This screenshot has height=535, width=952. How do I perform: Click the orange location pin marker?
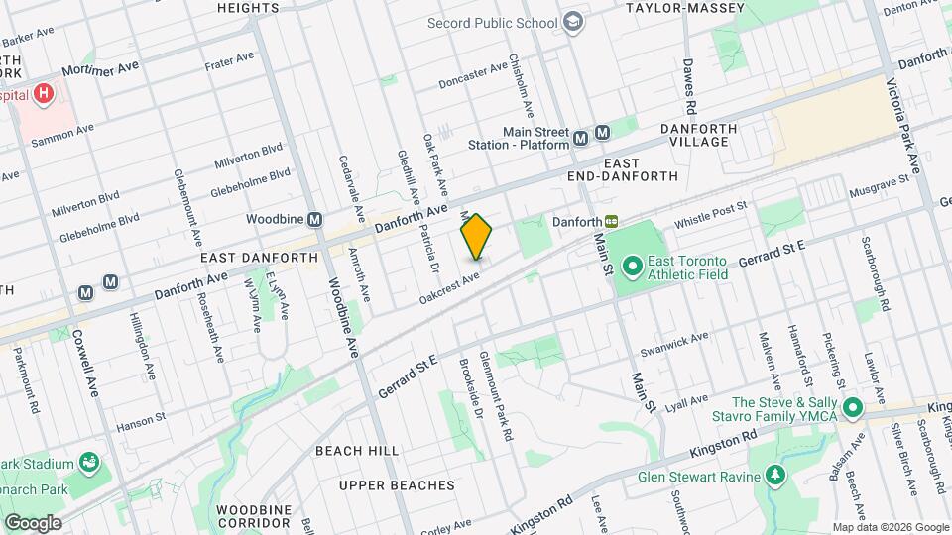(x=476, y=237)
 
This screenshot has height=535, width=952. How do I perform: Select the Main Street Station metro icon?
(x=603, y=134)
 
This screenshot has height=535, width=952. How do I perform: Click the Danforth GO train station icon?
(x=613, y=221)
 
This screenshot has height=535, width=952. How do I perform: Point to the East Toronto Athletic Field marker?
(x=631, y=266)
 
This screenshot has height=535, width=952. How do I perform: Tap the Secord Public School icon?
(x=573, y=23)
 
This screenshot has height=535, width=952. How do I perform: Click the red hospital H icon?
(x=43, y=95)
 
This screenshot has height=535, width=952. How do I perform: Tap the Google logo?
(x=32, y=522)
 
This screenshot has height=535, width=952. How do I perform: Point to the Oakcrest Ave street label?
(x=449, y=286)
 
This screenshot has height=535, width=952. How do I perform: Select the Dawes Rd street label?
(x=688, y=90)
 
